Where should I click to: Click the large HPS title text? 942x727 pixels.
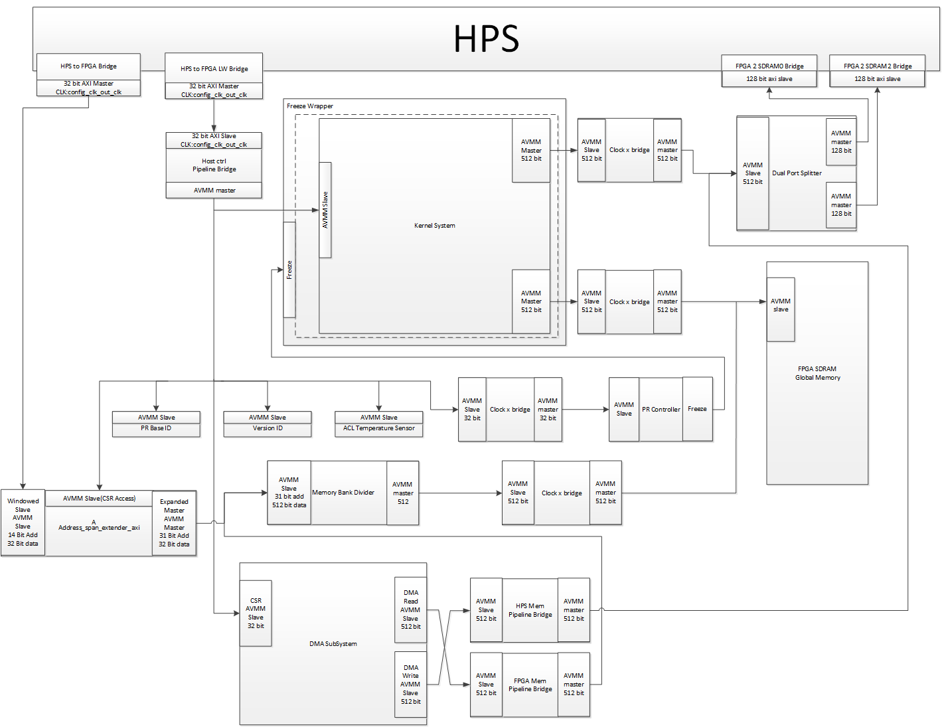pos(486,39)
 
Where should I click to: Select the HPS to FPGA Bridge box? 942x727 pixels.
pos(88,66)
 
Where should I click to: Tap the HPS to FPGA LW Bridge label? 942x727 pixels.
pos(214,68)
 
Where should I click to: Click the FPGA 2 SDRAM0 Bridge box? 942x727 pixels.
pos(769,66)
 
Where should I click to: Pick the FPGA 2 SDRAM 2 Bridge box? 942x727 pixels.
pos(877,66)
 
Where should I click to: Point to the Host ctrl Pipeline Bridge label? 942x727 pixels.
pos(214,165)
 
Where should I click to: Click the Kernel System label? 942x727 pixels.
pos(434,226)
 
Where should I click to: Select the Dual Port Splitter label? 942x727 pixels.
pos(797,173)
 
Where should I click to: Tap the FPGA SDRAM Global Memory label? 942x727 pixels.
pos(817,373)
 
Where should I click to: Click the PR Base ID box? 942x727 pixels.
pos(156,428)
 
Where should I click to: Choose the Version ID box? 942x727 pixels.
pos(268,428)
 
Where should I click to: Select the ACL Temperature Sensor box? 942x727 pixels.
pos(378,428)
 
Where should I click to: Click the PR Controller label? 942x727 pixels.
pos(661,410)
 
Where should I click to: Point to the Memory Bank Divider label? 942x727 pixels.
pos(343,493)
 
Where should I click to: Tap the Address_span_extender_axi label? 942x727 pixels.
pos(99,528)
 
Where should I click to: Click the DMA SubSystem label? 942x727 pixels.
pos(333,644)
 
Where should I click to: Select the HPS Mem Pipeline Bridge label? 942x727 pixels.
pos(530,610)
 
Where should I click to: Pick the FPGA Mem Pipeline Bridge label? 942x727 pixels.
pos(530,685)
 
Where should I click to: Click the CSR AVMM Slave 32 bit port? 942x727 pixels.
pos(256,613)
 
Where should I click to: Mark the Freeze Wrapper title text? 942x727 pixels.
pos(310,106)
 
